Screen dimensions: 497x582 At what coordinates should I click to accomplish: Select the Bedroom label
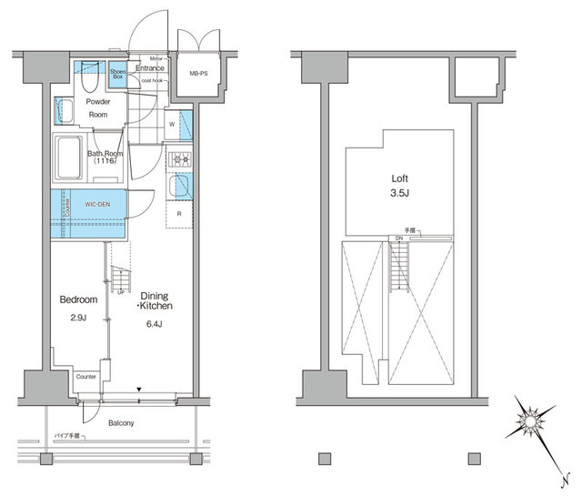tap(78, 299)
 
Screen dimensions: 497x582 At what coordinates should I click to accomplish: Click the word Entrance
tap(150, 68)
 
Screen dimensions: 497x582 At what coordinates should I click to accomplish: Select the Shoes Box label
tap(117, 74)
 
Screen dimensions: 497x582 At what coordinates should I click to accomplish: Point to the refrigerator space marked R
tap(179, 214)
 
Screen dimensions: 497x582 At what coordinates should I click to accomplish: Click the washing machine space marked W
tap(172, 124)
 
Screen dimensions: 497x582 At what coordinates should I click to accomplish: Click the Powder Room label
tap(99, 108)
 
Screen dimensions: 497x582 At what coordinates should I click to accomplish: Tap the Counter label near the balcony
tap(87, 376)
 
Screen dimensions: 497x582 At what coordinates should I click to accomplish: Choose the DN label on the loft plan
tap(398, 239)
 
